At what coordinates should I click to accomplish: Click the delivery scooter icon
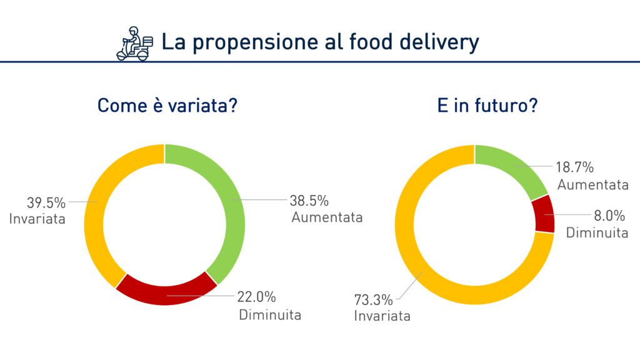(x=135, y=44)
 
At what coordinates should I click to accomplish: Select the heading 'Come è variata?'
(x=167, y=105)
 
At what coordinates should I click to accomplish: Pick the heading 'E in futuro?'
(x=487, y=105)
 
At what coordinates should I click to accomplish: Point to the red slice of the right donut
(x=545, y=214)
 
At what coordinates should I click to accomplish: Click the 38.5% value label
(x=309, y=201)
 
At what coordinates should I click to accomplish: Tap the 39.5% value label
(x=46, y=202)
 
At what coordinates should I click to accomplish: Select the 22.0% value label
(x=256, y=297)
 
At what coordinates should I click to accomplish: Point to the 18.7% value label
(x=575, y=167)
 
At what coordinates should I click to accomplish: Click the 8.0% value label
(x=609, y=215)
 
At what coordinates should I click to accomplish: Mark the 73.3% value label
(x=374, y=300)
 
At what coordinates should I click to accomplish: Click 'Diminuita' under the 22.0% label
(x=270, y=315)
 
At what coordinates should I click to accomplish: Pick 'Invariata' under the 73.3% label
(x=382, y=316)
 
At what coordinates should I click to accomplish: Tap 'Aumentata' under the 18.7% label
(x=592, y=185)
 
